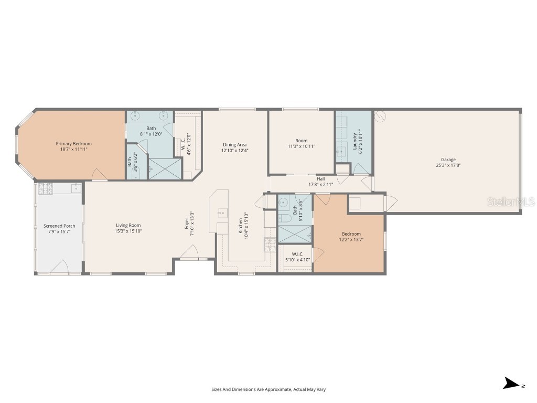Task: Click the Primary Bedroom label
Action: click(74, 143)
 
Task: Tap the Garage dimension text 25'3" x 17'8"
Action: click(448, 165)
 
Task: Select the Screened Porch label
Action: click(59, 226)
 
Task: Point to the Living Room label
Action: click(128, 225)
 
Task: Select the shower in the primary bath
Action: click(165, 168)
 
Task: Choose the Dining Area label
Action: click(234, 144)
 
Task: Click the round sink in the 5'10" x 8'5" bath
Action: click(283, 201)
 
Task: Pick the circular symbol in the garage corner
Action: click(380, 115)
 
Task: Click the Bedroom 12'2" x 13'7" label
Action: click(351, 234)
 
